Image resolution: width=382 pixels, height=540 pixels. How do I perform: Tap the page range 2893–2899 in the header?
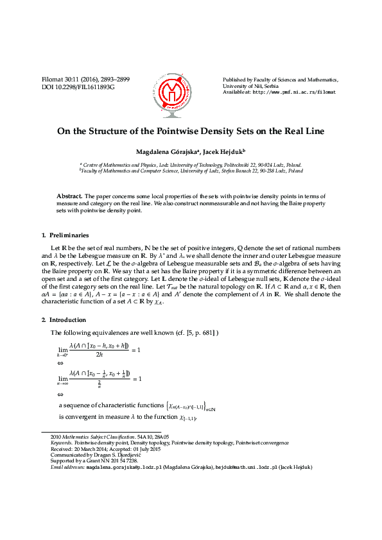click(114, 80)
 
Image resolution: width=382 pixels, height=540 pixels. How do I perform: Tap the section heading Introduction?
click(67, 319)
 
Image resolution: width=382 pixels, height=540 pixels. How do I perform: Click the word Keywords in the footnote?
click(62, 443)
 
